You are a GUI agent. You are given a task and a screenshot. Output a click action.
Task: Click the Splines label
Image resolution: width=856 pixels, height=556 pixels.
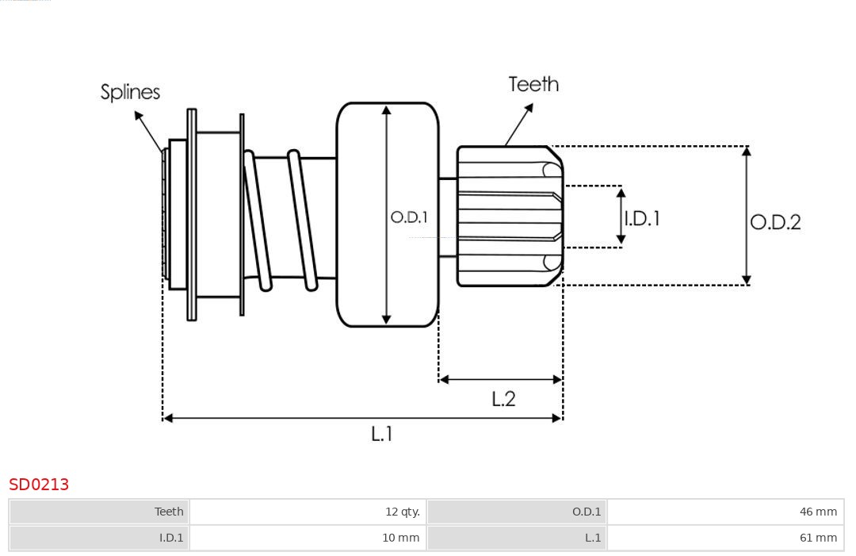coord(130,92)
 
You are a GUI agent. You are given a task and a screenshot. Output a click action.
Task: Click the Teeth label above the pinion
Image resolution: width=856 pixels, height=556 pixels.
coord(533,84)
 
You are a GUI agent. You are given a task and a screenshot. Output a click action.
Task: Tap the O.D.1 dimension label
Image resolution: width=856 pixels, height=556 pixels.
coord(409,217)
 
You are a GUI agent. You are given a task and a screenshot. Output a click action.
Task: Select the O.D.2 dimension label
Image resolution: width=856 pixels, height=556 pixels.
coord(775,222)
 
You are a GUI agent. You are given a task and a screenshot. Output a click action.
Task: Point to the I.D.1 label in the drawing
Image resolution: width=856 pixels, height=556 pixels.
coord(641,218)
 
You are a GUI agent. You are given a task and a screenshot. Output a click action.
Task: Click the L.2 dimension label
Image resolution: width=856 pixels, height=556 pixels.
coord(503,399)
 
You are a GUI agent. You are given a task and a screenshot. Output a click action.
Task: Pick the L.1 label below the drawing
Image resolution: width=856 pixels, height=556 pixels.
coord(382,434)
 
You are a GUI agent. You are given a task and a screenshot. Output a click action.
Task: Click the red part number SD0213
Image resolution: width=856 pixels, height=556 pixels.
coord(39,485)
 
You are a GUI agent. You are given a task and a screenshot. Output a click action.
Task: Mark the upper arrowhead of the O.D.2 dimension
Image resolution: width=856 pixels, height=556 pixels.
coord(746,151)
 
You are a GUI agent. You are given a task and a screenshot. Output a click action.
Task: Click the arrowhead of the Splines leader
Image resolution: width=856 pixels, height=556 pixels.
coord(137,116)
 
